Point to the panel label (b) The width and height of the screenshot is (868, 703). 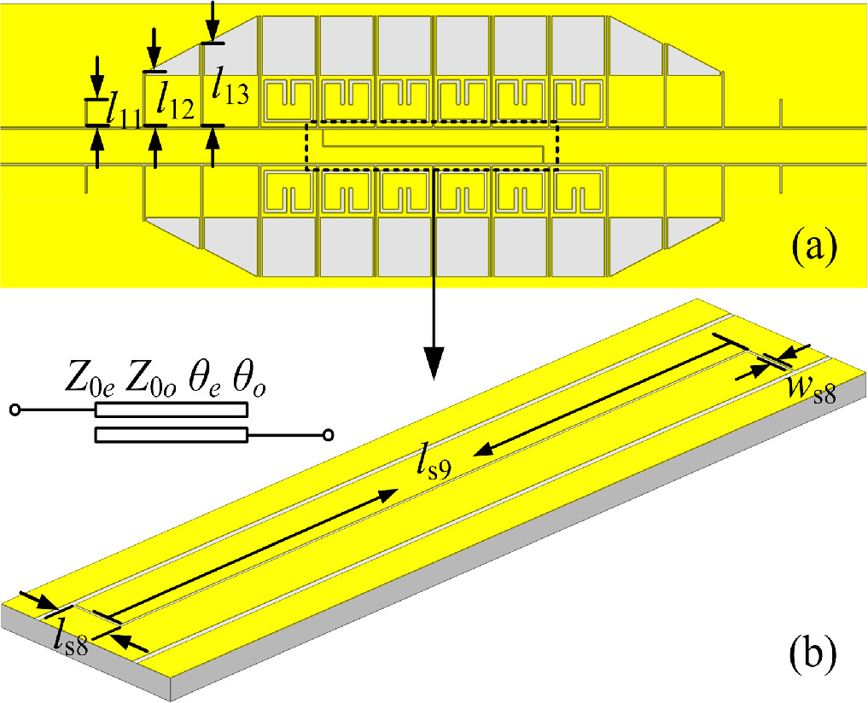tap(812, 654)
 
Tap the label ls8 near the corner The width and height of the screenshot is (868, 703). tap(72, 638)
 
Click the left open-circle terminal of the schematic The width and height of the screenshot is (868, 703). tap(15, 410)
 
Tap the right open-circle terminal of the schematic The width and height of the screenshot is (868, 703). tap(329, 435)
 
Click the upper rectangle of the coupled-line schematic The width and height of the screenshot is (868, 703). tap(171, 410)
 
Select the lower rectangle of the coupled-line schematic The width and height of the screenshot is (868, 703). tap(171, 435)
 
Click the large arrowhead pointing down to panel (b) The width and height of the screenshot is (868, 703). tap(434, 363)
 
